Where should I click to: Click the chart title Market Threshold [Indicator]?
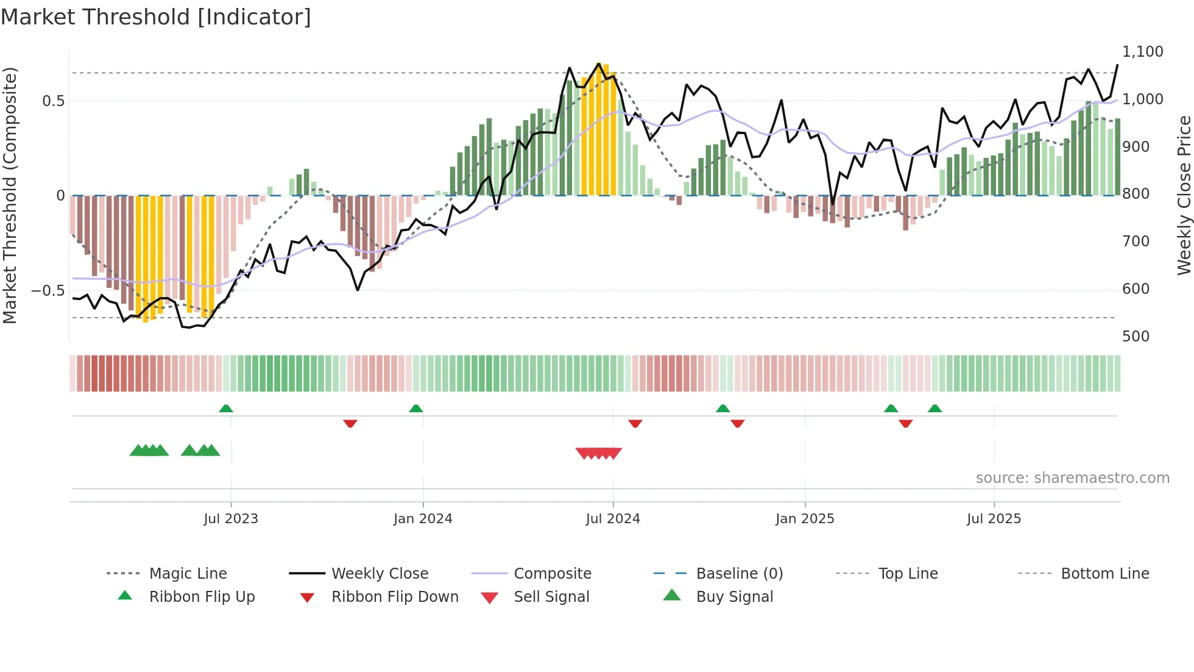point(156,17)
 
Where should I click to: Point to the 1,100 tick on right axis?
point(1142,52)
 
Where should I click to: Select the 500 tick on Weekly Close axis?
point(1136,337)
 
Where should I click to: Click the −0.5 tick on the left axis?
point(48,291)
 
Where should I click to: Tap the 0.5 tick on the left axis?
point(53,101)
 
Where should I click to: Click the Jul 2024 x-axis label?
point(612,519)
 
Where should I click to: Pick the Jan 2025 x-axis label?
point(804,519)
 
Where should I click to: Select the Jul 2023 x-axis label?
point(230,519)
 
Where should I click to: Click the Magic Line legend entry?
point(188,574)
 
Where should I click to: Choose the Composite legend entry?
point(552,574)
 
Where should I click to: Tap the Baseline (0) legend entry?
point(739,574)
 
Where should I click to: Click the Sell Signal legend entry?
point(551,597)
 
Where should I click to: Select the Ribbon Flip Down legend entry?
point(394,597)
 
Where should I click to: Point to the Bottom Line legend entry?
point(1104,574)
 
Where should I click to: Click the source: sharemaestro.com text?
point(1072,478)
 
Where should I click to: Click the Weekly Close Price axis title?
point(1184,195)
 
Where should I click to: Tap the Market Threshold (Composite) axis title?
point(10,195)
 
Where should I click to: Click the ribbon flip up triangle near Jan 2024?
point(416,409)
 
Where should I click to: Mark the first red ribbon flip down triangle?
point(350,423)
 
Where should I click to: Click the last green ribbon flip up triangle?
point(934,409)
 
